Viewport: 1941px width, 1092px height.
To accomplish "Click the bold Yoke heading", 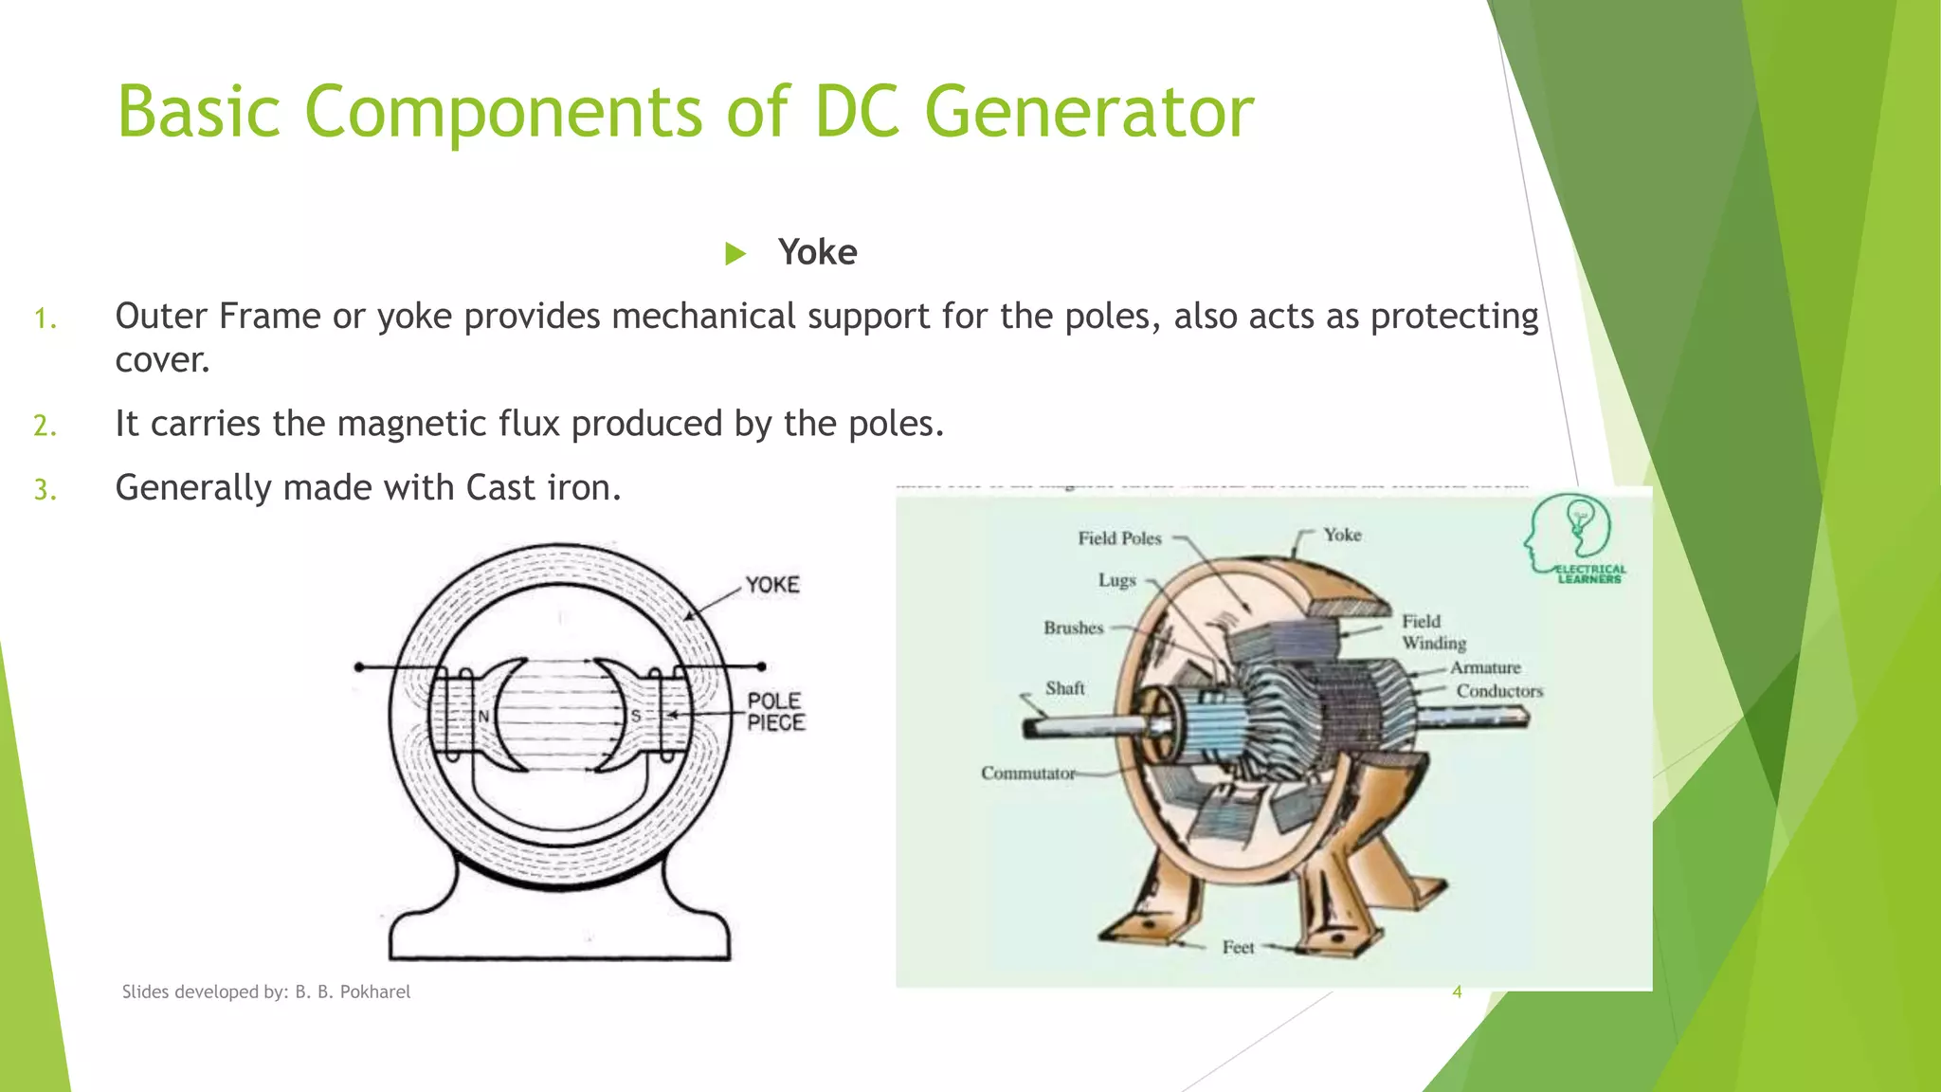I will point(817,253).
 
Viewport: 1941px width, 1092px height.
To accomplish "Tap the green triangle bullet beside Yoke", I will point(735,254).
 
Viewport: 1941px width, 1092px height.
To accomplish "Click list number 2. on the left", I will point(45,426).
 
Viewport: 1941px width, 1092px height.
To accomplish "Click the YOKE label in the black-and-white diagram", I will point(772,585).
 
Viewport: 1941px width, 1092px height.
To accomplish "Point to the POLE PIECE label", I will point(775,712).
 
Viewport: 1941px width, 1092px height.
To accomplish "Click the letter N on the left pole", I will point(483,717).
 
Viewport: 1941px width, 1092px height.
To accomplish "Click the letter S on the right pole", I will point(636,717).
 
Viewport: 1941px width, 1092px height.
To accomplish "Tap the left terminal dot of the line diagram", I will point(359,667).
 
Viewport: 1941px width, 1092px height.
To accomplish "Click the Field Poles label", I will point(1119,538).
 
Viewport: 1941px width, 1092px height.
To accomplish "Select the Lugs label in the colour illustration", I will point(1116,580).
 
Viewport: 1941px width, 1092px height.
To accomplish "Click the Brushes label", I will point(1073,628).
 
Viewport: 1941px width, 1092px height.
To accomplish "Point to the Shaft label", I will point(1064,688).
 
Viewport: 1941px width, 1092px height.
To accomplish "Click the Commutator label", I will point(1027,773).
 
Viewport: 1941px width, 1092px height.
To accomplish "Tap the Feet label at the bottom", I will point(1238,947).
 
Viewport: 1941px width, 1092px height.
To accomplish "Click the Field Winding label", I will point(1433,632).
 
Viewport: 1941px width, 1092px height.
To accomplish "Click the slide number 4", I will point(1457,992).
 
